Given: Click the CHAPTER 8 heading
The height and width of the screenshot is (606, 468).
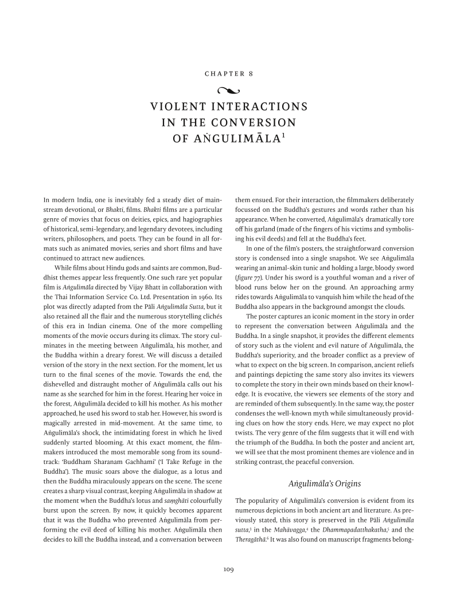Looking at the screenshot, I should (x=233, y=74).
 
